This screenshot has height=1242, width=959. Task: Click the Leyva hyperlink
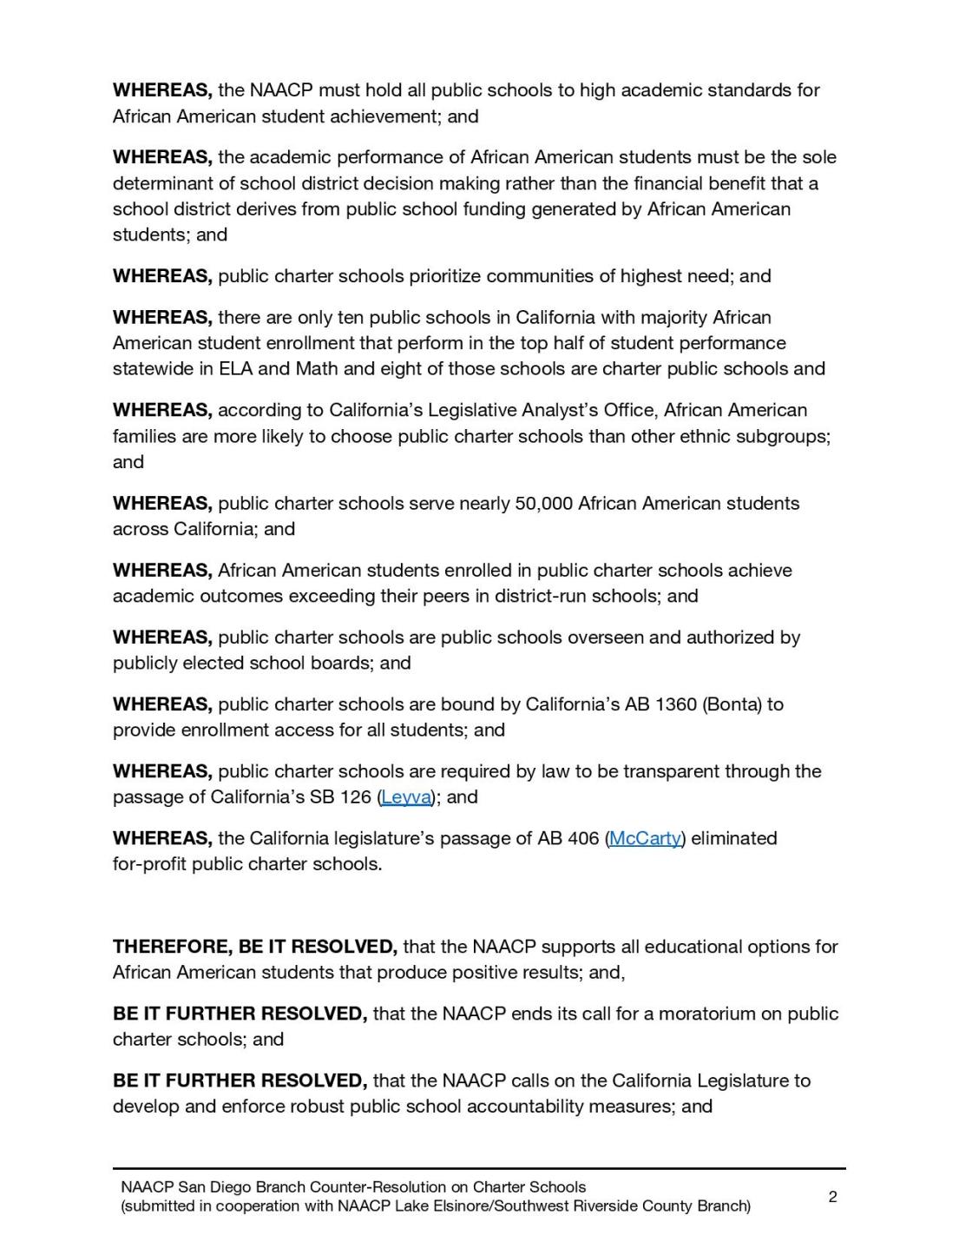click(406, 797)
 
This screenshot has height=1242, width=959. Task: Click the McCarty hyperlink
click(645, 839)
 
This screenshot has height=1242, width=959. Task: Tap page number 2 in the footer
click(832, 1197)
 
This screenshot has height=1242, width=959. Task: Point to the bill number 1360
click(677, 704)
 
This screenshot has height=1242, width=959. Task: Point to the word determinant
click(163, 184)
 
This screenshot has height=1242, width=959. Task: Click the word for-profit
click(149, 865)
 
